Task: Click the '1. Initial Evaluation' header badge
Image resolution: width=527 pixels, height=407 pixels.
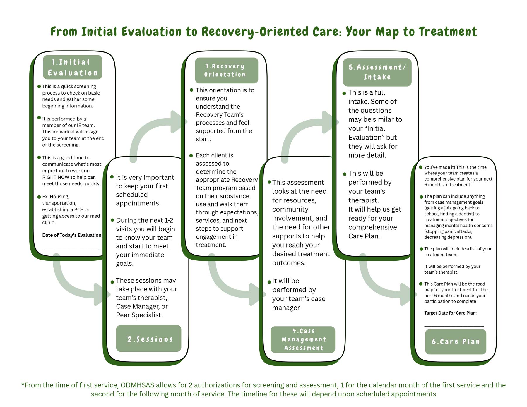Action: (x=72, y=67)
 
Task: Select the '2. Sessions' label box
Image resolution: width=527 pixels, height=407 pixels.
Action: (x=149, y=339)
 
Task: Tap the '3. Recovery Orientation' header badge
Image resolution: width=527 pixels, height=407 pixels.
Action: (x=226, y=71)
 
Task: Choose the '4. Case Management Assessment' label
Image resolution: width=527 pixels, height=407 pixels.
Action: (x=303, y=339)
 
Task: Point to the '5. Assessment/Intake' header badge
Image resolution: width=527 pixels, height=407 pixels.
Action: (x=377, y=72)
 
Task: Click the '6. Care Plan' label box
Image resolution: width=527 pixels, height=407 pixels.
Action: (x=456, y=341)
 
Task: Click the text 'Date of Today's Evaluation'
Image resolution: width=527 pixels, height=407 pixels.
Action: (x=72, y=235)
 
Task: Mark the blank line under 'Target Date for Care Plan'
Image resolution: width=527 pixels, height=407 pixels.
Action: (x=454, y=326)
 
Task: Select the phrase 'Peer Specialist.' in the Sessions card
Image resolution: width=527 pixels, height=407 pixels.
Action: (x=139, y=315)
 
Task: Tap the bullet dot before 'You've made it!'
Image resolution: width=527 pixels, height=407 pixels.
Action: (x=421, y=167)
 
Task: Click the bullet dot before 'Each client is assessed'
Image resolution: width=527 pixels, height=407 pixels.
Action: (x=191, y=156)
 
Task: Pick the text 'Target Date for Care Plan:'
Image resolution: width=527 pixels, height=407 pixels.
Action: (x=450, y=313)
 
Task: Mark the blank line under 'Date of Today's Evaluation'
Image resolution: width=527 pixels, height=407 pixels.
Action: (x=71, y=250)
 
